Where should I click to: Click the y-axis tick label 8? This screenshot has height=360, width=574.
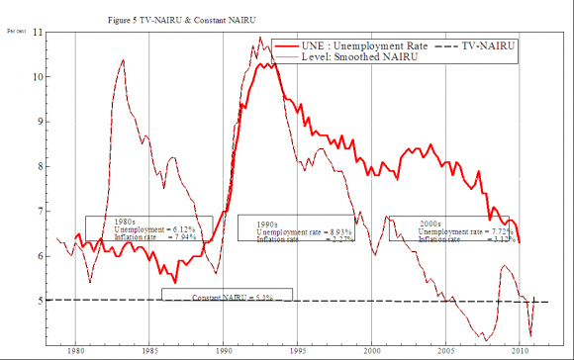point(40,166)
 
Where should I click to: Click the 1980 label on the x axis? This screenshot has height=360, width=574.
point(75,350)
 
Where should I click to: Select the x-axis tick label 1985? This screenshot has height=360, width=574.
point(149,350)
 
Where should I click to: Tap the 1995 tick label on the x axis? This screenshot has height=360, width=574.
point(298,350)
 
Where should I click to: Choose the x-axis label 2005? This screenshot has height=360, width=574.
point(446,350)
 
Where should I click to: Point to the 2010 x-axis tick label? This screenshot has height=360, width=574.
point(520,350)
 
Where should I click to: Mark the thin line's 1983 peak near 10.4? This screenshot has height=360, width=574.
point(122,60)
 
